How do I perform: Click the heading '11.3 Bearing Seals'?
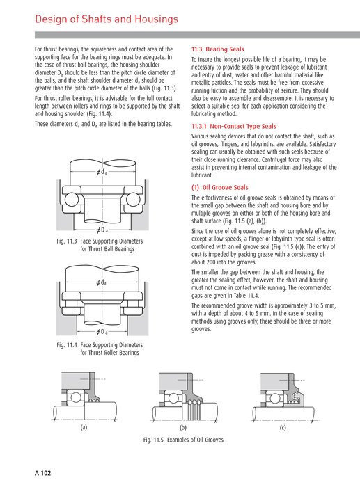point(217,50)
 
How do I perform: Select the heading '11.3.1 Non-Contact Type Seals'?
point(233,127)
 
